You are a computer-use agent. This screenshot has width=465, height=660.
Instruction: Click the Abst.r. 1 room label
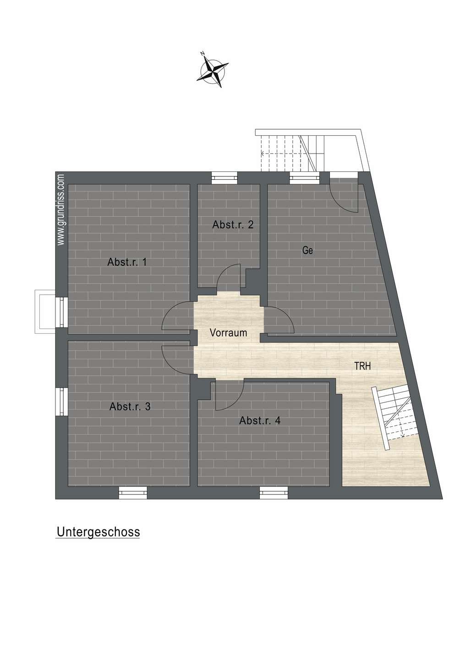(x=126, y=262)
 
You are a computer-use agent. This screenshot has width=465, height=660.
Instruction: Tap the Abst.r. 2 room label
(x=233, y=225)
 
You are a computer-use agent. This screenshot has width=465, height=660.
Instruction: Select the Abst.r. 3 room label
(x=130, y=407)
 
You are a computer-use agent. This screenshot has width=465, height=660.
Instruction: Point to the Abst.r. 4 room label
(x=260, y=420)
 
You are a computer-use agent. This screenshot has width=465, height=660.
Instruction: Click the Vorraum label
(x=228, y=333)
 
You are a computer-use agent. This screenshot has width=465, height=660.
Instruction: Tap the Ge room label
(x=307, y=250)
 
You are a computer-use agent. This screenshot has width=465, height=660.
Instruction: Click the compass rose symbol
(x=213, y=70)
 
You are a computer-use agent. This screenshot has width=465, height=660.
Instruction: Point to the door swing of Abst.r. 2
(x=229, y=276)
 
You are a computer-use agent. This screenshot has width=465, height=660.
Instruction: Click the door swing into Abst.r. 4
(x=230, y=395)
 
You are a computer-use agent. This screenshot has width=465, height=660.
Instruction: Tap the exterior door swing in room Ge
(x=344, y=195)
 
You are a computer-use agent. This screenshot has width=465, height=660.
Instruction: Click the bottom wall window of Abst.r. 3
(x=132, y=492)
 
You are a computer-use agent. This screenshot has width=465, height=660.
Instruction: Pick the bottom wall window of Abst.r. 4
(x=274, y=492)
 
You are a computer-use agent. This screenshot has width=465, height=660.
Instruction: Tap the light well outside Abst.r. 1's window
(x=45, y=312)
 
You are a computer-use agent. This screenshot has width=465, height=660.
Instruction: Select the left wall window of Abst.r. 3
(x=61, y=401)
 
